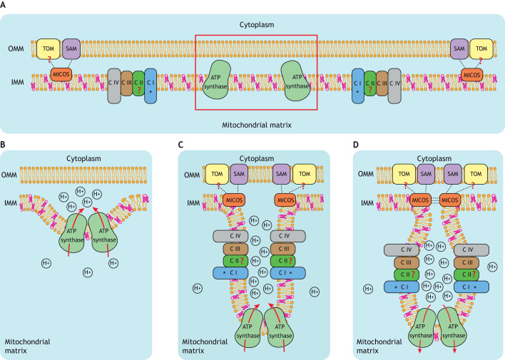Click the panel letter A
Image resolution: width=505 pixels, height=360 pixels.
point(3,6)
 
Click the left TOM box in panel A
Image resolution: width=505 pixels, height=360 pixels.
point(49,49)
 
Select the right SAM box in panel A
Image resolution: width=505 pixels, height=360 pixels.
point(459,49)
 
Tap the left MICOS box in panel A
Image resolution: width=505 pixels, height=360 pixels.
point(61,75)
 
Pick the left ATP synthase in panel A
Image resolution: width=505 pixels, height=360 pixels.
point(216,80)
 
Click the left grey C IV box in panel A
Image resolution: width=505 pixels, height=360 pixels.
point(114,86)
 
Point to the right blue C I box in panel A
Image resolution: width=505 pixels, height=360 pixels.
point(358,86)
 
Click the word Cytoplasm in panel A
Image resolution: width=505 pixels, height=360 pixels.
point(257,25)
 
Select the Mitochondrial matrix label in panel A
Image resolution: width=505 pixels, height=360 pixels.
point(257,125)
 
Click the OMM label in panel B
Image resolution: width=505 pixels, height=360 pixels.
point(9,175)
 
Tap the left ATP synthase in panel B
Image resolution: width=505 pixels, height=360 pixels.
point(73,233)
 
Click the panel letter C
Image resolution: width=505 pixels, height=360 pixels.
point(180,145)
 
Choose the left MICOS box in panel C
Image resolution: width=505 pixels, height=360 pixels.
point(234,200)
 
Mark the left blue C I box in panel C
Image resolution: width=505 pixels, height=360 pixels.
point(230,273)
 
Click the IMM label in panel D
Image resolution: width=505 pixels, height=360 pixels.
point(367,203)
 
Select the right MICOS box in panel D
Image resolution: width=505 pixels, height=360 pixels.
point(449,200)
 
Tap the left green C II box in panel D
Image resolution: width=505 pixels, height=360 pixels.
point(407,274)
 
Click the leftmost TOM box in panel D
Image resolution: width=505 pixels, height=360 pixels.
point(404,174)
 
